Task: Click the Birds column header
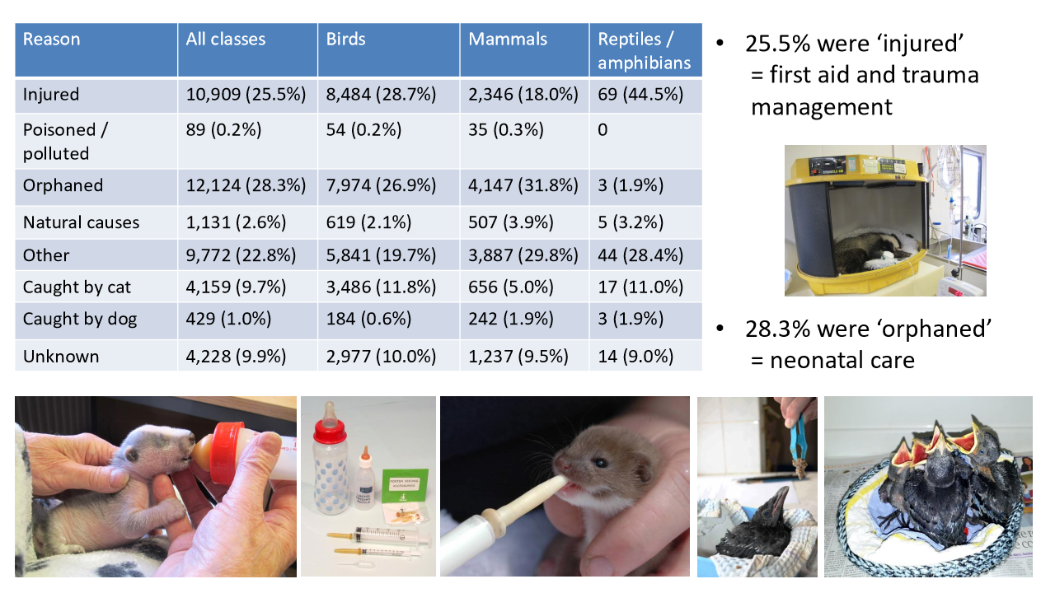[x=345, y=40]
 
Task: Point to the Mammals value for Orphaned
[x=523, y=185]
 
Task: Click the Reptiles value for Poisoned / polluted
[x=603, y=130]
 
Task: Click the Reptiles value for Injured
[x=640, y=95]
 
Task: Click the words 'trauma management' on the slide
[x=865, y=91]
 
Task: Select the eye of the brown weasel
[x=600, y=464]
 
